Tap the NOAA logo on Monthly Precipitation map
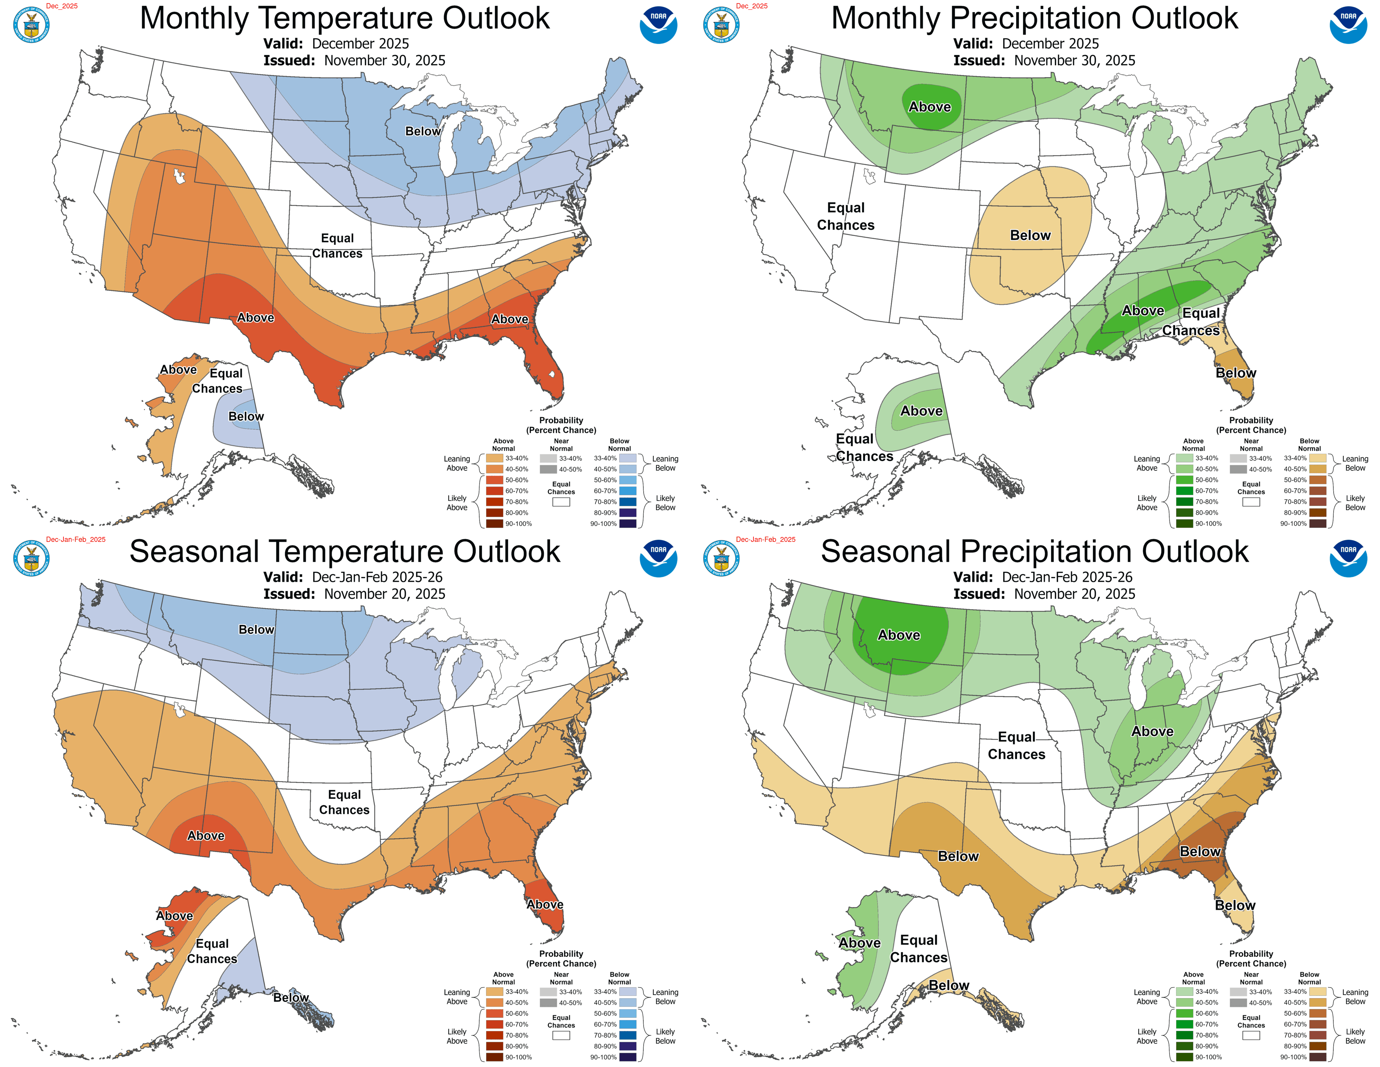click(1348, 25)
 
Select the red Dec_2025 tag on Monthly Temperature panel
click(62, 6)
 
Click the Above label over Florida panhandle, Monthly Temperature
click(509, 319)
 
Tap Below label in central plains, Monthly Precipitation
click(1030, 235)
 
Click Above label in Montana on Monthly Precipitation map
click(929, 107)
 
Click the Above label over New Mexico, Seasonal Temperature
click(206, 836)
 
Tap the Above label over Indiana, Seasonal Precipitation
click(1152, 731)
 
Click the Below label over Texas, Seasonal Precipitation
click(958, 856)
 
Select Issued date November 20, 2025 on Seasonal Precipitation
click(1044, 594)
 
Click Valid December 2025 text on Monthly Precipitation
click(1026, 44)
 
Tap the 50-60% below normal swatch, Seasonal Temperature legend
click(627, 1013)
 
